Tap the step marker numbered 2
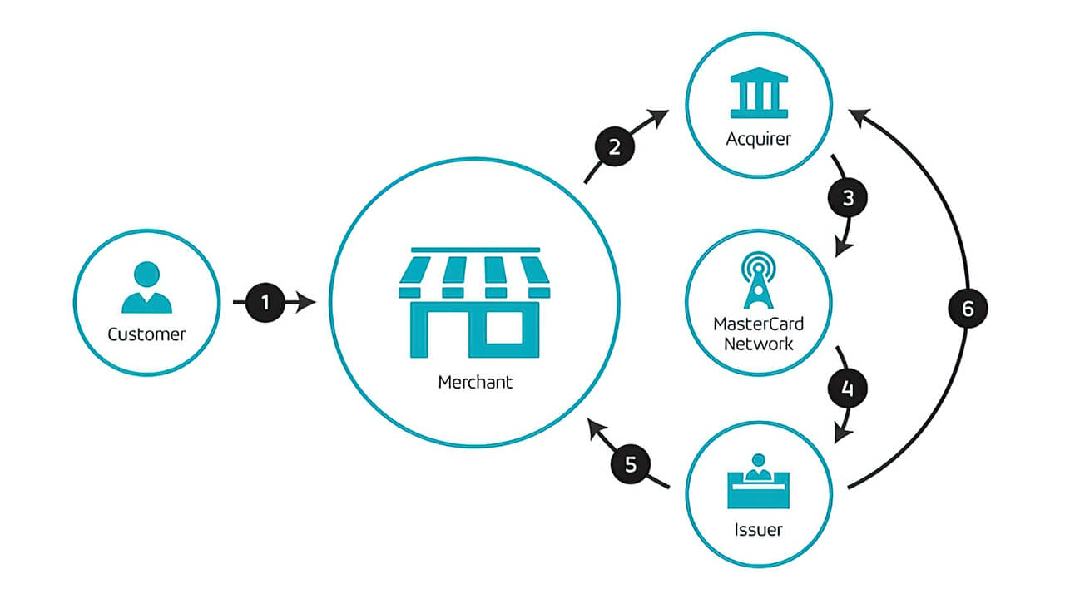tap(615, 147)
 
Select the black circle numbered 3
tap(848, 198)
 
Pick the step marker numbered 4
tap(848, 388)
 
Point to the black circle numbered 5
tap(631, 464)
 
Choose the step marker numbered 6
tap(968, 309)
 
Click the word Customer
tap(147, 334)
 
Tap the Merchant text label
tap(475, 383)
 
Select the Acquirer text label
tap(758, 138)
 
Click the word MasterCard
tap(758, 324)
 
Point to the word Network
tap(758, 343)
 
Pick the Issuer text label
tap(758, 529)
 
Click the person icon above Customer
tap(147, 288)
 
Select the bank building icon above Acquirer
tap(758, 94)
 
